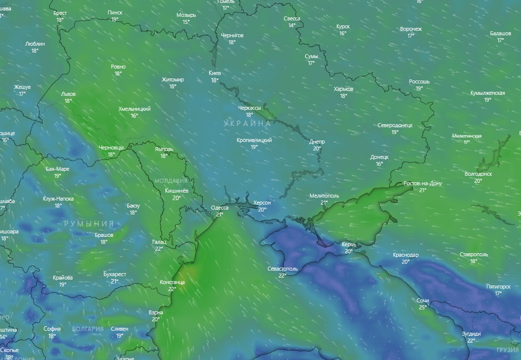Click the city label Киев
(x=215, y=73)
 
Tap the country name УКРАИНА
(x=247, y=123)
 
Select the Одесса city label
(x=220, y=208)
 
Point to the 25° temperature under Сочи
(x=423, y=307)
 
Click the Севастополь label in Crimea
(x=283, y=269)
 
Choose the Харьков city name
(x=343, y=89)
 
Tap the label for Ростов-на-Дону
(x=423, y=183)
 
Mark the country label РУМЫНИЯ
(x=89, y=224)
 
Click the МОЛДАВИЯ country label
(x=171, y=181)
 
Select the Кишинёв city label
(x=176, y=191)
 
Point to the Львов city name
(x=68, y=93)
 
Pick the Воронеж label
(x=411, y=29)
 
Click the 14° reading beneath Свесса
(x=292, y=25)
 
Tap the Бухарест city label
(x=115, y=274)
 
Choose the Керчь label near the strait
(x=349, y=245)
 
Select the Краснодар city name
(x=405, y=255)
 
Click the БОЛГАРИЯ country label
(x=88, y=329)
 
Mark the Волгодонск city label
(x=478, y=174)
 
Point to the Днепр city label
(x=317, y=142)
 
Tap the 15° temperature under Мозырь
(x=186, y=21)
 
